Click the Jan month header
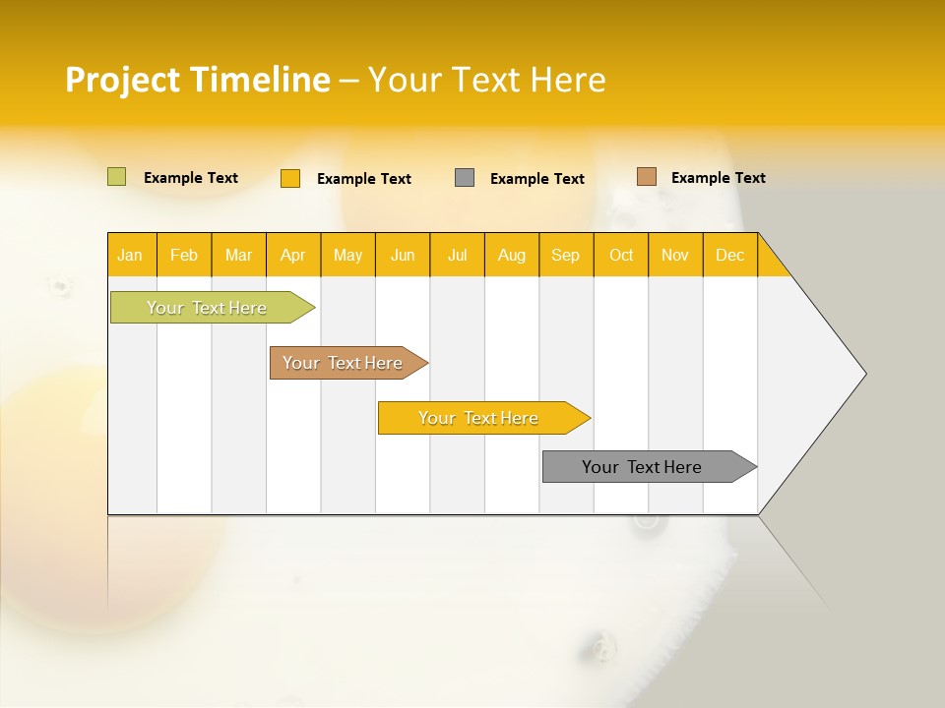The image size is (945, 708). pyautogui.click(x=131, y=255)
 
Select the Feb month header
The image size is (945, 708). pyautogui.click(x=184, y=255)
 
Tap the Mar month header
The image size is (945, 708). pyautogui.click(x=238, y=255)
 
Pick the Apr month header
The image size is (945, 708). pyautogui.click(x=293, y=255)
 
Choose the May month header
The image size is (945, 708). pyautogui.click(x=347, y=255)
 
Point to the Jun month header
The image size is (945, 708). pyautogui.click(x=403, y=255)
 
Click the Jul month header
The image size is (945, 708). pyautogui.click(x=457, y=255)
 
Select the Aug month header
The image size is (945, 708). pyautogui.click(x=512, y=255)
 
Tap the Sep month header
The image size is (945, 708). pyautogui.click(x=566, y=255)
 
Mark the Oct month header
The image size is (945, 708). pyautogui.click(x=621, y=255)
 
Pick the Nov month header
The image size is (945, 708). pyautogui.click(x=675, y=255)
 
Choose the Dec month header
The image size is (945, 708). pyautogui.click(x=730, y=255)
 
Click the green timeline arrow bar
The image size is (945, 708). pyautogui.click(x=208, y=308)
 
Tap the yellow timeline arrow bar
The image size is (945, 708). pyautogui.click(x=479, y=418)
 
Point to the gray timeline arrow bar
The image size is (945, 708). pyautogui.click(x=643, y=467)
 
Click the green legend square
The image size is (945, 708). pyautogui.click(x=116, y=177)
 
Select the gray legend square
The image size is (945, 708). pyautogui.click(x=465, y=178)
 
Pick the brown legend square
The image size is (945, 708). pyautogui.click(x=646, y=177)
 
